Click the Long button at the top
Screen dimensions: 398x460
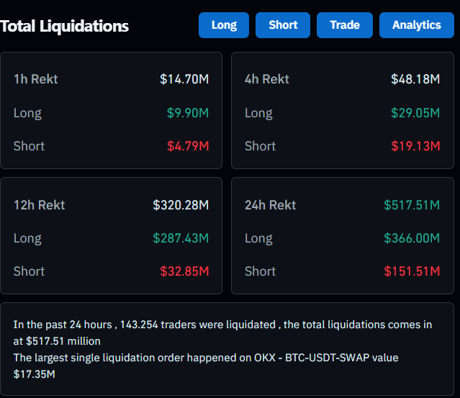coord(224,25)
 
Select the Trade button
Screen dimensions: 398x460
coord(345,25)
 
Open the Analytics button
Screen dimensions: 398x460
coord(416,25)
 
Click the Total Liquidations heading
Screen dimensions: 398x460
coord(65,27)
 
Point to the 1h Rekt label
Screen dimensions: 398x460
coord(35,79)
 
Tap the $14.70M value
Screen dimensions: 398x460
coord(184,79)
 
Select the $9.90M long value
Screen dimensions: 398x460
coord(188,113)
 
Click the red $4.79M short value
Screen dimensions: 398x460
coord(188,146)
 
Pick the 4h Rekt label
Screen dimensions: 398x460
coord(267,79)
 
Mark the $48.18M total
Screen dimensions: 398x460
coord(415,79)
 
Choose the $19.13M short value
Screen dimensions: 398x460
coord(415,146)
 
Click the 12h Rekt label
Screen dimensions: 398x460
coord(39,205)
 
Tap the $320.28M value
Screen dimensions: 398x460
coord(181,205)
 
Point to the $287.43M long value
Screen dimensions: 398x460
coord(181,238)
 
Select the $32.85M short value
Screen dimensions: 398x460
coord(184,271)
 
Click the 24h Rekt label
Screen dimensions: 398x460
coord(270,205)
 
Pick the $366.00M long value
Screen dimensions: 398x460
coord(412,238)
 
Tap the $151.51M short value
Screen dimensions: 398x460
coord(412,271)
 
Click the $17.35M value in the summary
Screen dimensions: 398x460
coord(35,374)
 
